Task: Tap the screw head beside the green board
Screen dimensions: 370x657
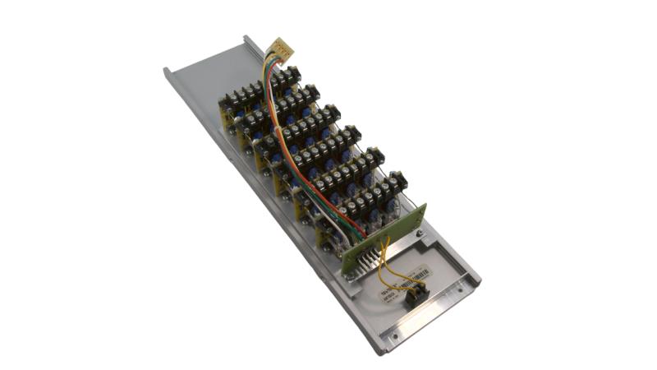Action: (x=420, y=237)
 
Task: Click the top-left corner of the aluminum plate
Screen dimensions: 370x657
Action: (x=166, y=69)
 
